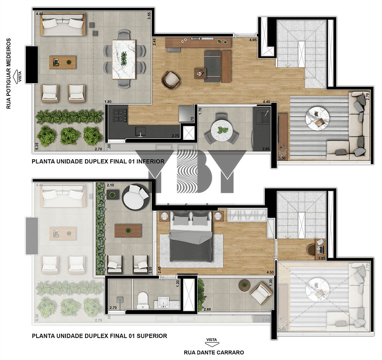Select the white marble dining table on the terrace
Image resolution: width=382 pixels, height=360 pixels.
click(124, 59)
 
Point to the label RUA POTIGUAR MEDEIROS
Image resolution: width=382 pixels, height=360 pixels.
click(9, 73)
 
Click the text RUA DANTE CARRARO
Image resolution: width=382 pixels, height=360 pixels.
click(214, 352)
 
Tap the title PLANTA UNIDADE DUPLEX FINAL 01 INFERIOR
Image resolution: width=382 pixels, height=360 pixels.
click(98, 162)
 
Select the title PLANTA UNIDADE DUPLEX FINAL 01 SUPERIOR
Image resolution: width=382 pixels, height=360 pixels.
click(100, 336)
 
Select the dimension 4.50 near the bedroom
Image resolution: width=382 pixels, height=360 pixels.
click(270, 272)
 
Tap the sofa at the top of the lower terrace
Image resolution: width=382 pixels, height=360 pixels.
click(63, 25)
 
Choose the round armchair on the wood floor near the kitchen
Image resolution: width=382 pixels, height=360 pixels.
click(171, 80)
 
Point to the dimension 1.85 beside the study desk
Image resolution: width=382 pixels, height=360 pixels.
click(321, 258)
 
